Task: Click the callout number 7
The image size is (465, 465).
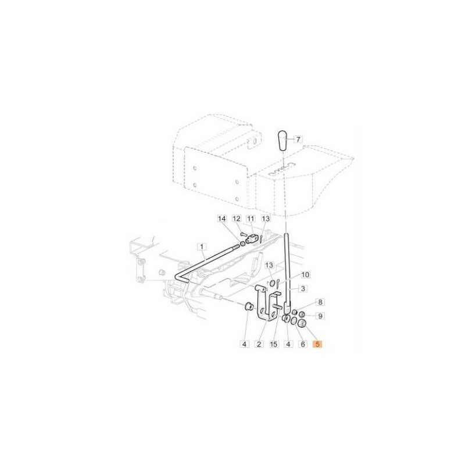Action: click(298, 139)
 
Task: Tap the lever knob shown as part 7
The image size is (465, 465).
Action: click(282, 141)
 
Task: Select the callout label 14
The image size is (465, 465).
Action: click(222, 219)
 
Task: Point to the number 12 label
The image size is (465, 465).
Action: click(237, 219)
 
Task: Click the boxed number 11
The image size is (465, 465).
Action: click(251, 219)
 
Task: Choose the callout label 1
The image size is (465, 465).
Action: click(202, 246)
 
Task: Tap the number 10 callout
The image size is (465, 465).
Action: click(305, 274)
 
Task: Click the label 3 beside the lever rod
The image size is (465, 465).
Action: click(303, 288)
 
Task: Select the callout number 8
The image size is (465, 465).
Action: click(320, 302)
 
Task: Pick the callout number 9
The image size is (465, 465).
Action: click(320, 316)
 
